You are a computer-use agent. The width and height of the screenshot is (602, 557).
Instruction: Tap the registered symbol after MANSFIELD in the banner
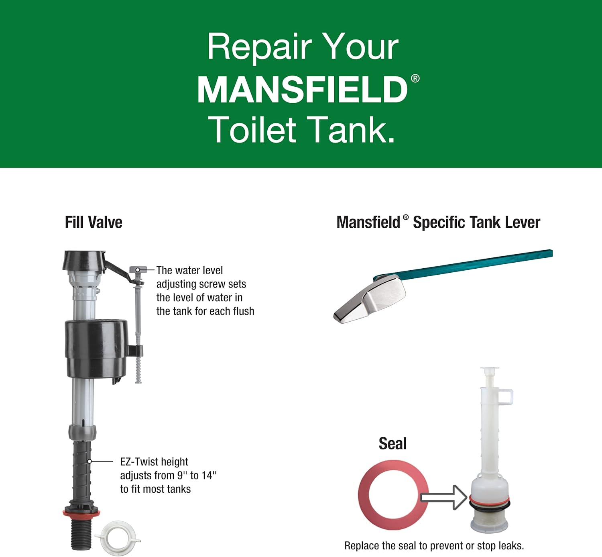point(415,78)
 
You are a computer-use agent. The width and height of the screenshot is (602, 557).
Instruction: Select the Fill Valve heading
point(94,222)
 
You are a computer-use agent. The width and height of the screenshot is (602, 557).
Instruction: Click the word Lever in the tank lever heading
point(522,222)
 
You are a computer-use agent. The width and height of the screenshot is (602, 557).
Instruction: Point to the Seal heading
point(393,444)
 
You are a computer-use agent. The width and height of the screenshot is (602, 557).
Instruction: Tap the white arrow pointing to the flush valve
point(443,497)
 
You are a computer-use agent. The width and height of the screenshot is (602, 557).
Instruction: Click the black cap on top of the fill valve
point(84,260)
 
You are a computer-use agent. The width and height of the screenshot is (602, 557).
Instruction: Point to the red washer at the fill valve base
point(81,513)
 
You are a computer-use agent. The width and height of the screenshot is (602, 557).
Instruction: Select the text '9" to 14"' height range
point(197,475)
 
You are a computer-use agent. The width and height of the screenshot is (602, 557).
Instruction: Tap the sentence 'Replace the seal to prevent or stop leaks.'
point(434,546)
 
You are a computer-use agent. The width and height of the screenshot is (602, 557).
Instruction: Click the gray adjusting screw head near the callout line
point(138,270)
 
